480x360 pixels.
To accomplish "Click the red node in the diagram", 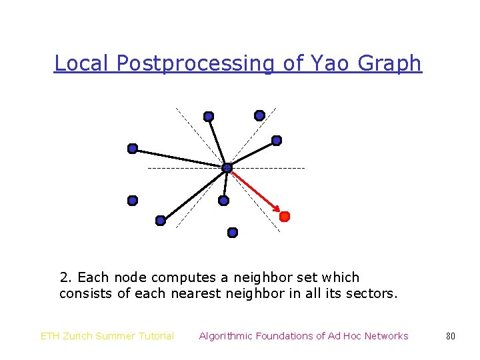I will [x=285, y=217].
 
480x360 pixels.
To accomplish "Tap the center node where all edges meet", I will [x=227, y=168].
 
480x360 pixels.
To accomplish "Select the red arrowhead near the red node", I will [x=277, y=209].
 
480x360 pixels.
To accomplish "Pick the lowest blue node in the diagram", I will [x=233, y=233].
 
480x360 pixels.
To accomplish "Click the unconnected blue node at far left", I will [x=133, y=200].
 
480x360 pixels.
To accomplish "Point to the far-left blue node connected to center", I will [x=133, y=148].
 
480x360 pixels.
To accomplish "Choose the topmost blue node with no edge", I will [x=259, y=115].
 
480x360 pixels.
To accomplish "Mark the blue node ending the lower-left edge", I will [x=160, y=221].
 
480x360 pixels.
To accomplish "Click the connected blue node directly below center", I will [x=224, y=200].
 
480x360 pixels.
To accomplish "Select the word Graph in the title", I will [x=390, y=63].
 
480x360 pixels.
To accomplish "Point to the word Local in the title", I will [x=82, y=63].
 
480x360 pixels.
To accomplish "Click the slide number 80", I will [x=451, y=336].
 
